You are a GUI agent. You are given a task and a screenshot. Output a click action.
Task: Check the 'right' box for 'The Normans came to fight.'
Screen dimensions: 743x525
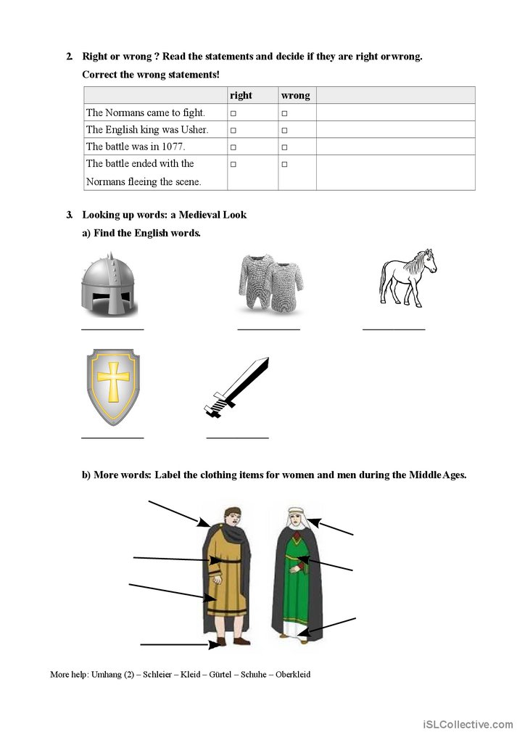click(x=233, y=113)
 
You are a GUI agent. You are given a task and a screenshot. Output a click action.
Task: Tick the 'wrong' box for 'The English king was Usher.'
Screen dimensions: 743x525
click(x=284, y=131)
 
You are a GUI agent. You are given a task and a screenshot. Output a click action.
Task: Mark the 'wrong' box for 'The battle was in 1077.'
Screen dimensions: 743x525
click(x=284, y=147)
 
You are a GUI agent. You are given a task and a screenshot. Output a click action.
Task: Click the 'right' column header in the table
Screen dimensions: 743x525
click(x=241, y=95)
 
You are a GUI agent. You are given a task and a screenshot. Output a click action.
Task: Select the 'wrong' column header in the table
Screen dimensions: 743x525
click(x=295, y=95)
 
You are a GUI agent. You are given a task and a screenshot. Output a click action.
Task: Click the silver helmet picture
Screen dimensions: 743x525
click(x=109, y=286)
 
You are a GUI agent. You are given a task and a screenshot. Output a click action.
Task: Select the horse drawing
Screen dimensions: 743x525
click(x=408, y=278)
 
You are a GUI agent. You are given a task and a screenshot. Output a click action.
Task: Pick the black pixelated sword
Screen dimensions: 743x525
click(x=236, y=388)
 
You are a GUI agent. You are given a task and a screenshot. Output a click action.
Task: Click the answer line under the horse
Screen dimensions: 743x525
click(x=394, y=330)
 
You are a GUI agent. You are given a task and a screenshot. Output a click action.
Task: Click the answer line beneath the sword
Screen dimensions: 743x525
click(x=237, y=438)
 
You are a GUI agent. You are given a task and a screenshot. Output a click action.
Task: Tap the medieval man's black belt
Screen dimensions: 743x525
click(x=228, y=560)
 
